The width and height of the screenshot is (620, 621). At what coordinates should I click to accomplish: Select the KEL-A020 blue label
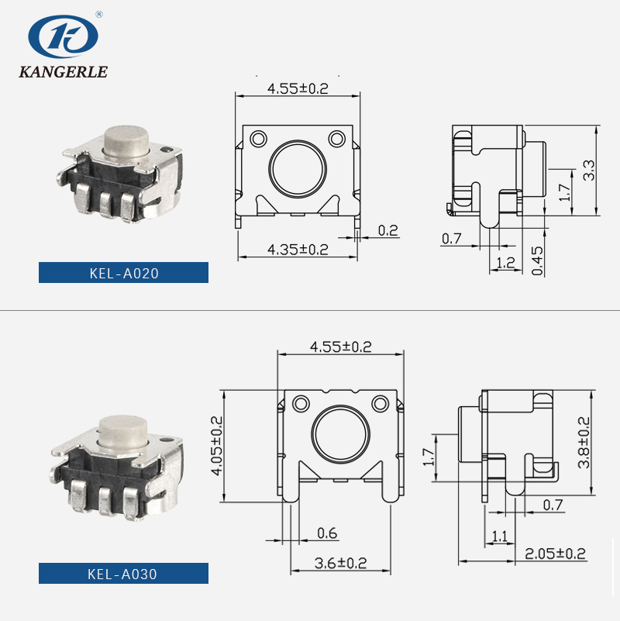tap(123, 273)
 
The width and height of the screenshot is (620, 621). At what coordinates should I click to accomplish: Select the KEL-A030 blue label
tap(123, 574)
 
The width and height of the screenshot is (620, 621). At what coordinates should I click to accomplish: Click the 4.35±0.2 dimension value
tap(298, 249)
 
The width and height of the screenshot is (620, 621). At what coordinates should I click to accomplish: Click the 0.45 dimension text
tap(538, 260)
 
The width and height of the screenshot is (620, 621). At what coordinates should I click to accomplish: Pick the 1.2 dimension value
tap(505, 263)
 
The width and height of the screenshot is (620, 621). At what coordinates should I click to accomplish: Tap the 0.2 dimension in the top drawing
tap(388, 230)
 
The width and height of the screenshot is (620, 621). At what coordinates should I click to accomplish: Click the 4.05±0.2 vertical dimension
tap(215, 445)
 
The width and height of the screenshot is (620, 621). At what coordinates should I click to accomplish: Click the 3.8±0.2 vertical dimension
tap(584, 443)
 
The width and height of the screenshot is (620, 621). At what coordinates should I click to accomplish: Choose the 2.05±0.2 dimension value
tap(555, 554)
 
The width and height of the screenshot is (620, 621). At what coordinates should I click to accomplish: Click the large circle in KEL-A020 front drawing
tap(297, 171)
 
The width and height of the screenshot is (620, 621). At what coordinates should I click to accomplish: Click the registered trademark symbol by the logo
tap(98, 14)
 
